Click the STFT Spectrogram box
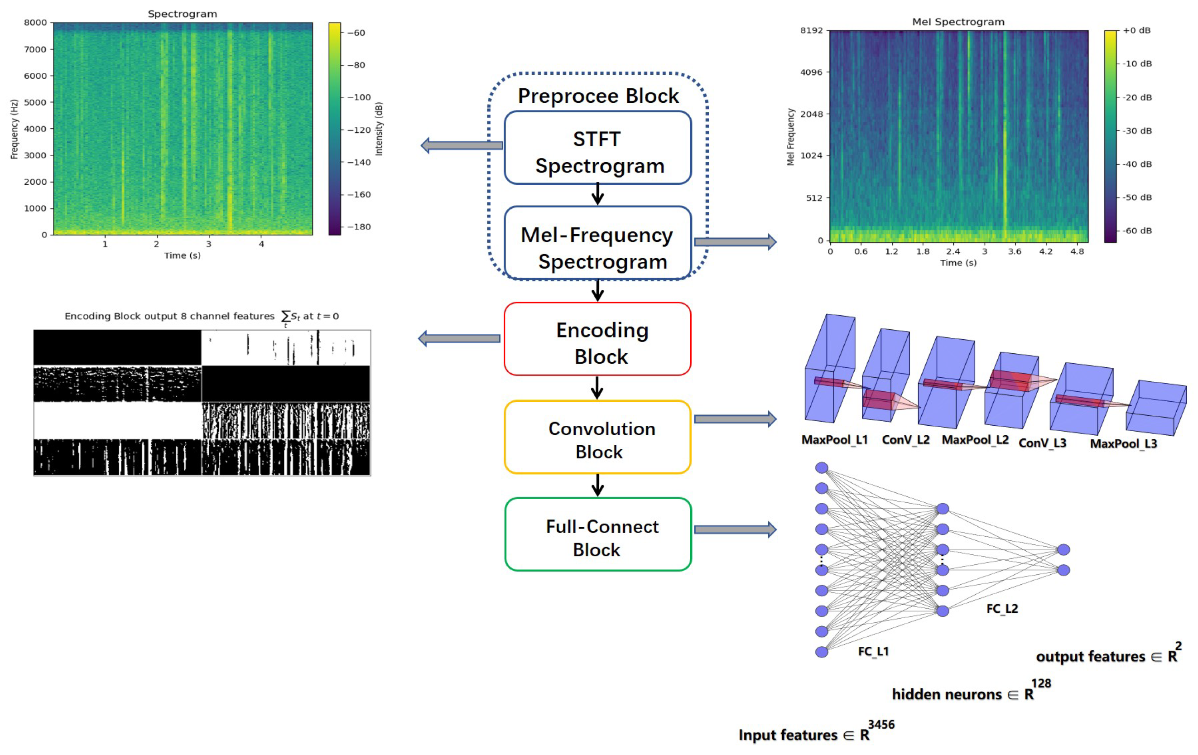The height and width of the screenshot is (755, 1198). coord(597,148)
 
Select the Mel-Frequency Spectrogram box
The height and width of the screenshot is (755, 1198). coord(597,244)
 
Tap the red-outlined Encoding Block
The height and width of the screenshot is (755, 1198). coord(597,339)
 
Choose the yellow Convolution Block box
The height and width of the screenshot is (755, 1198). coord(597,437)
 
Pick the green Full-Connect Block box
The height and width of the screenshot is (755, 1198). coord(597,534)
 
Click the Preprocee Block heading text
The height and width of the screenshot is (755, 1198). coord(597,96)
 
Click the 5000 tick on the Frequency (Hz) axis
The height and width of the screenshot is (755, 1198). coord(35,102)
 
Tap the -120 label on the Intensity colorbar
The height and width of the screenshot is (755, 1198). coord(358,130)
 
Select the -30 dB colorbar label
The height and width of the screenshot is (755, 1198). coord(1137,131)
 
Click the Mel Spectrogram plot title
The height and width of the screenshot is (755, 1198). coord(957,22)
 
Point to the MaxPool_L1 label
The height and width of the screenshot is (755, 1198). coord(834,440)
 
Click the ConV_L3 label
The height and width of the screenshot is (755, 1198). coord(1042,442)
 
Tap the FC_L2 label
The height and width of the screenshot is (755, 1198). coord(1001,609)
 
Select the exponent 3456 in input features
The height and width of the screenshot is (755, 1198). coord(880,725)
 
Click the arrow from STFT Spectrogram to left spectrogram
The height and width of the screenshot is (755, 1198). coord(461,146)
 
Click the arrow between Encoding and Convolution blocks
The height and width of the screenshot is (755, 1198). coord(597,387)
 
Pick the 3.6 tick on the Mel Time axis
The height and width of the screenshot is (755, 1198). coord(1015,252)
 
